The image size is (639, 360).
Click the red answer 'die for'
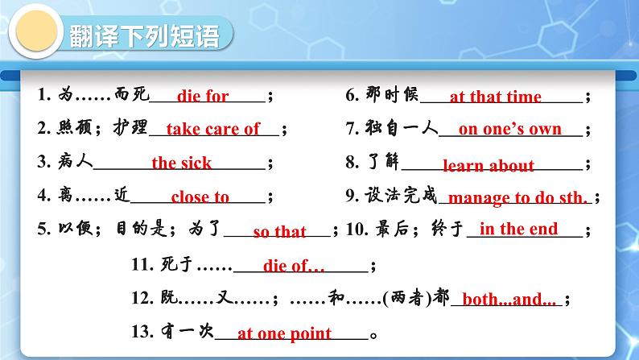coord(203,96)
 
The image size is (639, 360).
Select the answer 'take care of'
coord(212,129)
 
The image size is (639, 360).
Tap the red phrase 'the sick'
coord(182,163)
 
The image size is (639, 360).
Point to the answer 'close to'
coord(200,197)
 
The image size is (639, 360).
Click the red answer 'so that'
coord(279,232)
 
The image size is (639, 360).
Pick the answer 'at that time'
coord(496,97)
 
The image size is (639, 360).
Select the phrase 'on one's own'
coord(509,129)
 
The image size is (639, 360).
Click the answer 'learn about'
coord(489,165)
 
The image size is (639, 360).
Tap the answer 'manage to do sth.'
coord(517,198)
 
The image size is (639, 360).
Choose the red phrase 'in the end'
coord(518,229)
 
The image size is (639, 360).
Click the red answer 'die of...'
coord(294,266)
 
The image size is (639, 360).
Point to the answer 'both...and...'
coord(509,300)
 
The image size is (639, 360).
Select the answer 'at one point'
coord(284,333)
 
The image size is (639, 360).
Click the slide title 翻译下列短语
coord(144,36)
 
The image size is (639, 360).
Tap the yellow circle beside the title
coord(36,31)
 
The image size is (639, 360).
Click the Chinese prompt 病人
coord(75,161)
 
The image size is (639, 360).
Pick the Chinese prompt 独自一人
coord(401,127)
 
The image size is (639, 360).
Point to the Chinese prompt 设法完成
coord(401,195)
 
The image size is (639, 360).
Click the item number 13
coord(142,332)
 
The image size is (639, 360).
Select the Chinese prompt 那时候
coord(392,94)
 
